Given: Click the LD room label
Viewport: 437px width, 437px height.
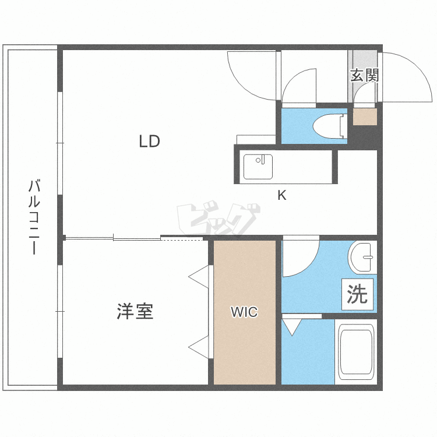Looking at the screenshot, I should click(x=149, y=142).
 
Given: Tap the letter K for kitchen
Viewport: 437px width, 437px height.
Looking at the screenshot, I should click(x=281, y=196).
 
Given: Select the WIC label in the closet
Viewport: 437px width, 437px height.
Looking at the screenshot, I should click(x=244, y=312).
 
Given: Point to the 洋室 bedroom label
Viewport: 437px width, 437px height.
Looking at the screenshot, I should click(x=135, y=311).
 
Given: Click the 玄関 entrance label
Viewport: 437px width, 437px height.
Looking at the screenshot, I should click(x=365, y=75).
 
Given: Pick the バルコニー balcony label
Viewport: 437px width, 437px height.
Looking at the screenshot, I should click(x=34, y=218).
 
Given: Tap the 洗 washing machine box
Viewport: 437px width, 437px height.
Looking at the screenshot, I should click(x=357, y=295).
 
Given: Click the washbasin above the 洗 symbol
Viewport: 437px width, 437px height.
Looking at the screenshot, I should click(x=363, y=256).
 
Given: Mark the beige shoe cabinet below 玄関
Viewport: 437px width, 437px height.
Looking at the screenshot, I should click(x=365, y=117).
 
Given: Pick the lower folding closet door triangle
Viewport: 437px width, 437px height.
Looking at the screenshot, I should click(x=199, y=347).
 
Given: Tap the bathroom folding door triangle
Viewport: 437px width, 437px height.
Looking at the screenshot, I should click(x=291, y=326).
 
